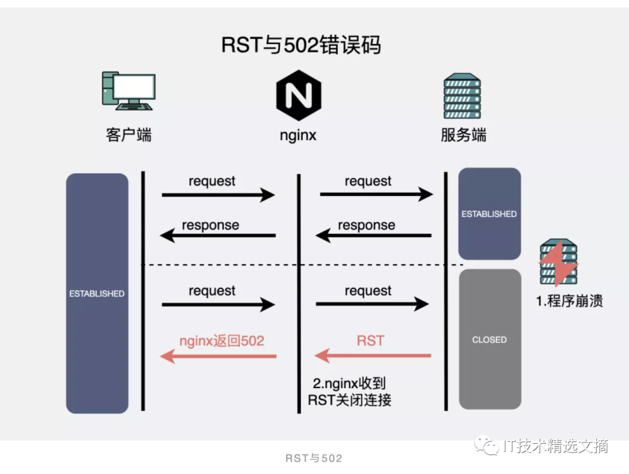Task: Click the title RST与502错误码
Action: click(301, 45)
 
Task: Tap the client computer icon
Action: click(128, 91)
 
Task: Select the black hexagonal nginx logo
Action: click(299, 95)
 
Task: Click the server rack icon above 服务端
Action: click(463, 96)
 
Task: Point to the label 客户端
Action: click(128, 136)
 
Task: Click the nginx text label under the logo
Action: click(298, 136)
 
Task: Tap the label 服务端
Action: click(464, 136)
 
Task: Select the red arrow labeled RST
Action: click(373, 355)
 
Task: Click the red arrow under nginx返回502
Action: click(218, 355)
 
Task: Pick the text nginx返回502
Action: click(221, 340)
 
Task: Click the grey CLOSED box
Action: click(489, 339)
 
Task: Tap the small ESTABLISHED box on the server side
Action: click(489, 213)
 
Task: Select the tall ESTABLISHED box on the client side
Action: click(97, 293)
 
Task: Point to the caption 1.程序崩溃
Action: click(570, 301)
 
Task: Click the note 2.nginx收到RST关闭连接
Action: click(349, 391)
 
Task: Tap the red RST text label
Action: click(370, 340)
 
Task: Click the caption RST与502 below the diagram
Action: click(314, 458)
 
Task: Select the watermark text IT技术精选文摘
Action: click(554, 446)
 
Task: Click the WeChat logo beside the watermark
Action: click(486, 446)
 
